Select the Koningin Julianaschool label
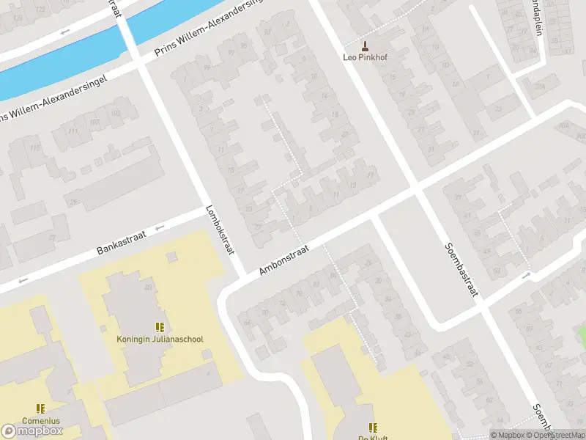click(x=160, y=340)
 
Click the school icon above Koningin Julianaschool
click(x=160, y=327)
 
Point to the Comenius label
click(x=40, y=421)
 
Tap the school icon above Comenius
click(x=40, y=408)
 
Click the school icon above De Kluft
click(x=372, y=427)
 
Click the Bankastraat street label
click(x=122, y=241)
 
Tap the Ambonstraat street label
click(x=284, y=260)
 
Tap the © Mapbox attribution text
click(x=506, y=435)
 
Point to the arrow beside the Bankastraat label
click(x=160, y=227)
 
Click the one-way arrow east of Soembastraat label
click(x=525, y=275)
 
